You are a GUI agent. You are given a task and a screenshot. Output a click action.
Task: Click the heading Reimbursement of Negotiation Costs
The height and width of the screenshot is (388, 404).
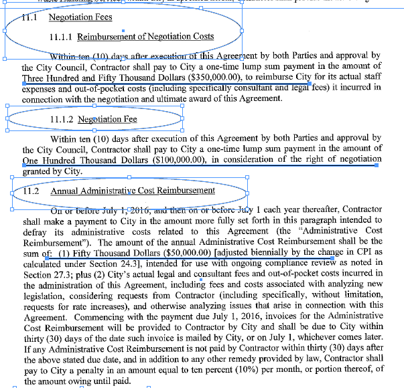pyautogui.click(x=145, y=37)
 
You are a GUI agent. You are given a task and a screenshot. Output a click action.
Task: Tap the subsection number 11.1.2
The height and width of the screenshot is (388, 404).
pyautogui.click(x=62, y=120)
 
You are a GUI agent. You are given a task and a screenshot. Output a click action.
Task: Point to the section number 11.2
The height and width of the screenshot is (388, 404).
pyautogui.click(x=31, y=191)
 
